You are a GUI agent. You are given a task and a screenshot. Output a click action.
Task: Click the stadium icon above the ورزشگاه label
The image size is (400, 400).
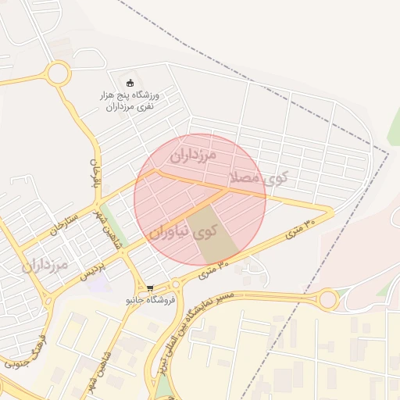tap(130, 84)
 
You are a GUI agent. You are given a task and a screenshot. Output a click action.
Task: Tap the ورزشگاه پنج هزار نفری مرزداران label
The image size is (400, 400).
tap(130, 100)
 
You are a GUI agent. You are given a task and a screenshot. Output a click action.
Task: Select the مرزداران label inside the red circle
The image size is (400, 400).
tap(192, 154)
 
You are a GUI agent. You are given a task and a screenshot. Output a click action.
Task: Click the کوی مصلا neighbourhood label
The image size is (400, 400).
tap(258, 177)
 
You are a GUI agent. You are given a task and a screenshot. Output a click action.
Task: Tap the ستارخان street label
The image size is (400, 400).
tap(64, 221)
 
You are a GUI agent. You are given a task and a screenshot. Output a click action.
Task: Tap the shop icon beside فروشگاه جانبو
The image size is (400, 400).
tap(150, 288)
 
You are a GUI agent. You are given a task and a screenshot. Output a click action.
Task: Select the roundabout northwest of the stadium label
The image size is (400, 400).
tap(58, 75)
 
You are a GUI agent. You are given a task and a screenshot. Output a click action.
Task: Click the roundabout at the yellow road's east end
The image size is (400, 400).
tap(328, 298)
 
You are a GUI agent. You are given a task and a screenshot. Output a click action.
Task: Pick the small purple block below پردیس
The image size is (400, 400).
tap(98, 282)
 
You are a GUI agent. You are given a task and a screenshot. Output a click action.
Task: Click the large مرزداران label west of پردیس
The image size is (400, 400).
tap(45, 266)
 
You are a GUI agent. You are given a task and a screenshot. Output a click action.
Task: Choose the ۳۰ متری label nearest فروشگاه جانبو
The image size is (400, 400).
tap(214, 270)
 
